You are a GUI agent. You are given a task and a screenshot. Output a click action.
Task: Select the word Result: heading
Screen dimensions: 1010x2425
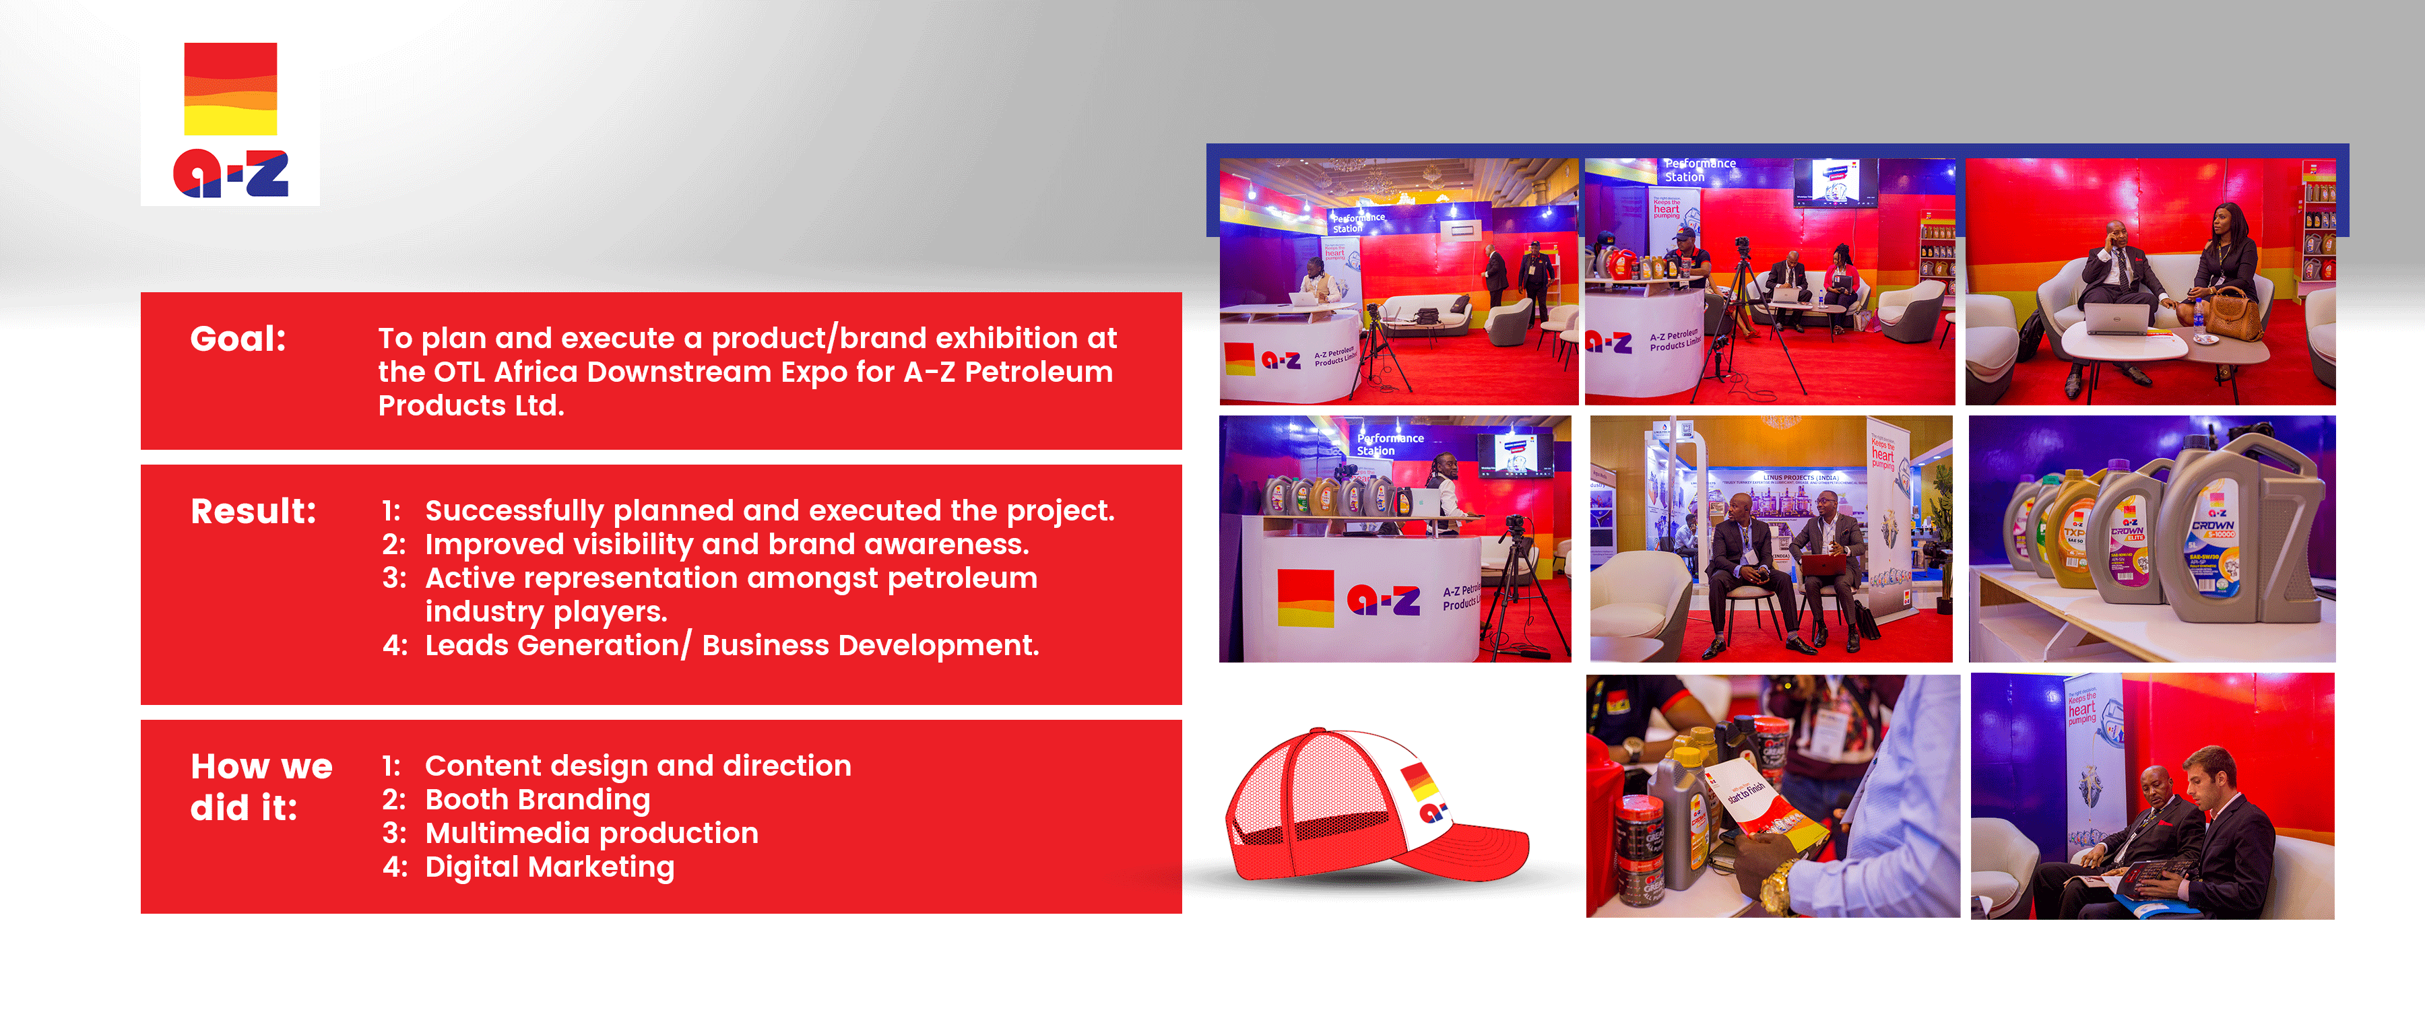(x=253, y=511)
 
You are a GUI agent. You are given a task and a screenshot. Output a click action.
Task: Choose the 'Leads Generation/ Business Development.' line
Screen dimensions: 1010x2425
(x=732, y=646)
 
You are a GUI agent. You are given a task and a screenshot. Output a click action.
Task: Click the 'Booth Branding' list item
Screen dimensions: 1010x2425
(x=537, y=800)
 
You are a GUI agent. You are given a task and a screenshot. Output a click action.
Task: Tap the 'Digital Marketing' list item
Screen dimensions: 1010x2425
(x=549, y=867)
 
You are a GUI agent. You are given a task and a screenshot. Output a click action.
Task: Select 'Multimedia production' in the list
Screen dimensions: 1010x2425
(x=591, y=833)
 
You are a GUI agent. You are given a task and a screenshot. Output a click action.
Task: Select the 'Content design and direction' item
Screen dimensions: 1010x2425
(x=637, y=766)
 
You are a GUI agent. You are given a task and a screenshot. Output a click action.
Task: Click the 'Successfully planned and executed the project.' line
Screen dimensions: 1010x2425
(x=769, y=511)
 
